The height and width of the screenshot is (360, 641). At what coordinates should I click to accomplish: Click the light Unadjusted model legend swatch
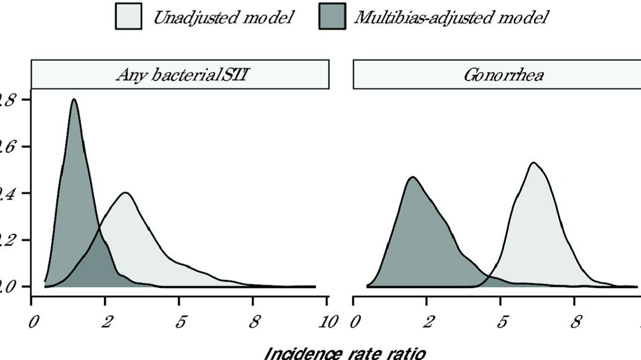tap(128, 17)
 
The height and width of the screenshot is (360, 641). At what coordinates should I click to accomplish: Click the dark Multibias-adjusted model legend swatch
tap(332, 17)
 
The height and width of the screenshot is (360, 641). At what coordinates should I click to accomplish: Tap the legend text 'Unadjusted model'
tap(223, 18)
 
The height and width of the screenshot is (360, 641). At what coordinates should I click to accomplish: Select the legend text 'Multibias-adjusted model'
tap(451, 18)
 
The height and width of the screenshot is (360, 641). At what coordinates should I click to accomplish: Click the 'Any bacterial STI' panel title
tap(180, 75)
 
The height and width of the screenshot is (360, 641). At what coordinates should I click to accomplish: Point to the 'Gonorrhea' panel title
tap(503, 75)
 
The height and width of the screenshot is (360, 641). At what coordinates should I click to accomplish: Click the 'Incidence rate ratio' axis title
tap(344, 352)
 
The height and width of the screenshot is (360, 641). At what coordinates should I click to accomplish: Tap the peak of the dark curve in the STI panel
tap(73, 100)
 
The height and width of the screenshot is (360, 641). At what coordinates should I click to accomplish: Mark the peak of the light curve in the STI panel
tap(126, 193)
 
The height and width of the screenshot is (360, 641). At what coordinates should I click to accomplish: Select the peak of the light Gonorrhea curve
tap(532, 163)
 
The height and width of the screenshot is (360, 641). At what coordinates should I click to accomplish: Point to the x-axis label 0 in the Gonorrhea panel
tap(355, 322)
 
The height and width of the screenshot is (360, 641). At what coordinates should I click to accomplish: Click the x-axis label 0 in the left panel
tap(34, 322)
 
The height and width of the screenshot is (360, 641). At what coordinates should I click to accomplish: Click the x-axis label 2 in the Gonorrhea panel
tap(429, 322)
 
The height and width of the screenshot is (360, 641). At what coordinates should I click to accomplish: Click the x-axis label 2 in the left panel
tap(107, 322)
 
